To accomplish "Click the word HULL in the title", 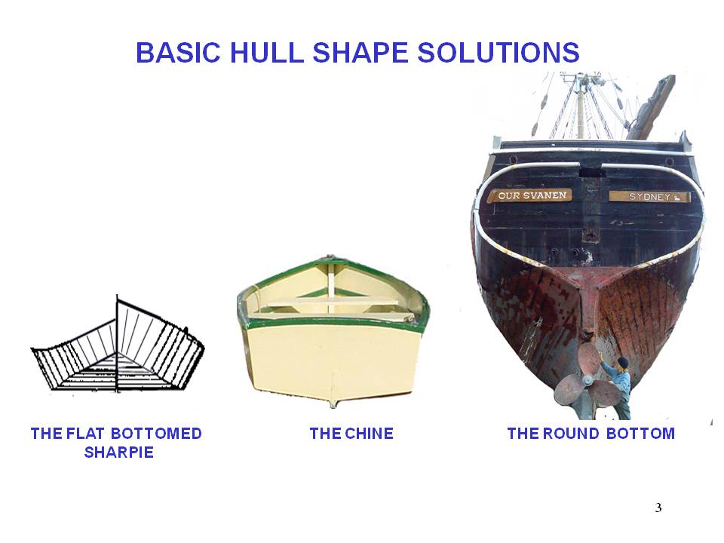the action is click(x=266, y=52).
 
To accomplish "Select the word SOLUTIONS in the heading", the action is click(x=499, y=52).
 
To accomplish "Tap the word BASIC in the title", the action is click(x=178, y=52).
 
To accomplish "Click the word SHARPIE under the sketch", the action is click(x=118, y=452).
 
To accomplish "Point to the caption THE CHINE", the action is click(x=351, y=434).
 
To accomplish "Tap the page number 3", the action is click(x=658, y=508).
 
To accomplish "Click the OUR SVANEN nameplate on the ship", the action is click(x=531, y=195).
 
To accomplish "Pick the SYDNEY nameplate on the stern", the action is click(x=649, y=197).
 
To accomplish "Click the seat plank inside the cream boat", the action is click(x=333, y=303).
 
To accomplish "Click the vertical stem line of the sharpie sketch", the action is click(x=117, y=344).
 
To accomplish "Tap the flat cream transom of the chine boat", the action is click(x=333, y=360).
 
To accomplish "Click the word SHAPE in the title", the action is click(x=360, y=52).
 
